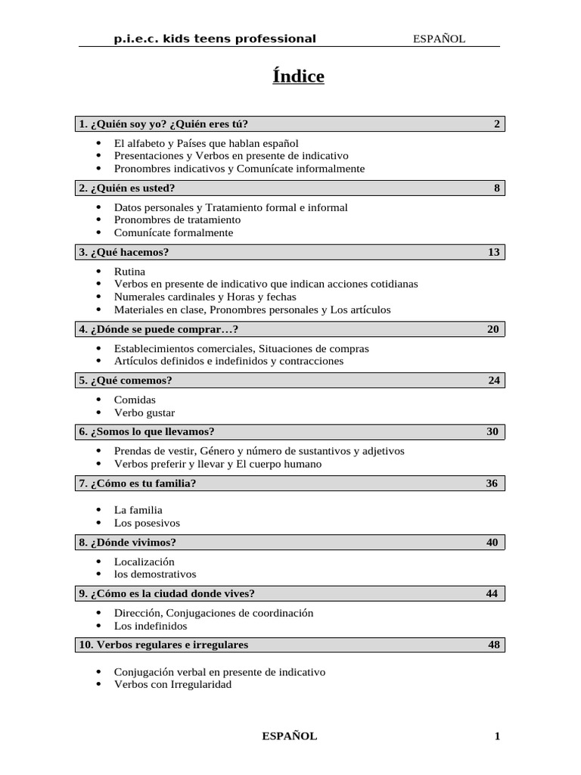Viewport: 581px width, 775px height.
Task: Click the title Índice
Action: point(298,76)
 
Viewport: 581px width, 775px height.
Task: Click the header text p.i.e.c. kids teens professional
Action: point(215,39)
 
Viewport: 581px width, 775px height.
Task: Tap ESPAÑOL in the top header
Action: point(439,39)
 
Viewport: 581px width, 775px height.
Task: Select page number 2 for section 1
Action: point(496,124)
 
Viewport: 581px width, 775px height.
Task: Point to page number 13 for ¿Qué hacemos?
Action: point(493,252)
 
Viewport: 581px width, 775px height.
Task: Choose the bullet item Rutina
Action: point(129,271)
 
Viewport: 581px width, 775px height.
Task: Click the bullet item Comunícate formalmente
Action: point(173,233)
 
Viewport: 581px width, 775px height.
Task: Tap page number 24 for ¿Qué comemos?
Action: point(493,381)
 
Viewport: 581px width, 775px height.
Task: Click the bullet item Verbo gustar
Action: point(144,412)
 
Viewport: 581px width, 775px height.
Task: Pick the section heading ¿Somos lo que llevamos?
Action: point(151,432)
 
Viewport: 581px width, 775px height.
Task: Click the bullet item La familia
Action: point(138,510)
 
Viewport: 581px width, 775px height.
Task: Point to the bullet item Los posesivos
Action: point(147,523)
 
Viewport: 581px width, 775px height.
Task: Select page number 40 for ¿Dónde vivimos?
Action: point(492,543)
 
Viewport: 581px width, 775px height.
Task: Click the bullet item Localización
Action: point(144,562)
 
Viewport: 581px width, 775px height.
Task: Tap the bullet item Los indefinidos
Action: point(150,626)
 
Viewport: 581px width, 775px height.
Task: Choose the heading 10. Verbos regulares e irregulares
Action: point(163,646)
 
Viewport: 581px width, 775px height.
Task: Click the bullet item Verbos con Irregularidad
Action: point(172,684)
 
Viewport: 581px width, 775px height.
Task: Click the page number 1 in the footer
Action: point(497,736)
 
